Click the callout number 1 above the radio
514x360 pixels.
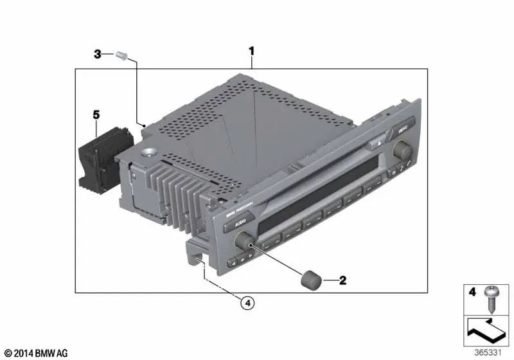click(253, 50)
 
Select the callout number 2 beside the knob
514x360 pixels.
click(342, 280)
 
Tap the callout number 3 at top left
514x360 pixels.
click(98, 55)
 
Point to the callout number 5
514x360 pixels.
click(96, 115)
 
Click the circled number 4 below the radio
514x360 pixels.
click(247, 301)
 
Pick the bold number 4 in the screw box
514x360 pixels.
click(472, 292)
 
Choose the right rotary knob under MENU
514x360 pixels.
click(403, 150)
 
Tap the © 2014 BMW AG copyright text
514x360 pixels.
click(35, 353)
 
